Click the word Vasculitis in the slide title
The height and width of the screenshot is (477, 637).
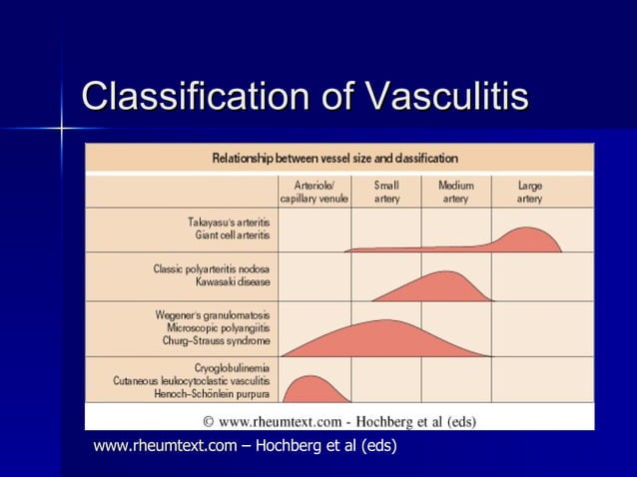(x=447, y=97)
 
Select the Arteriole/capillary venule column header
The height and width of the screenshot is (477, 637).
(x=314, y=192)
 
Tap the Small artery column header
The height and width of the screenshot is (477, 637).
(x=385, y=192)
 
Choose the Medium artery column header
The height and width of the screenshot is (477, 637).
(x=455, y=192)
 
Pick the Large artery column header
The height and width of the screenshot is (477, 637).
(x=530, y=192)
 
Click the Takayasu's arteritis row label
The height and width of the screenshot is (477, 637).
(x=231, y=222)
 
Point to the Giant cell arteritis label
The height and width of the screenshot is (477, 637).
(x=235, y=236)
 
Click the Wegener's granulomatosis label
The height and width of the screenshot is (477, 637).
(x=214, y=314)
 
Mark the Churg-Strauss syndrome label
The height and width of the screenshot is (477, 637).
(x=218, y=339)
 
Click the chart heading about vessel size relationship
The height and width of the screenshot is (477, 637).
(x=335, y=158)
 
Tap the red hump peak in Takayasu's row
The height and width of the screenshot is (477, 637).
(x=524, y=234)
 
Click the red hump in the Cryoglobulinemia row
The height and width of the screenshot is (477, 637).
(x=310, y=389)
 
